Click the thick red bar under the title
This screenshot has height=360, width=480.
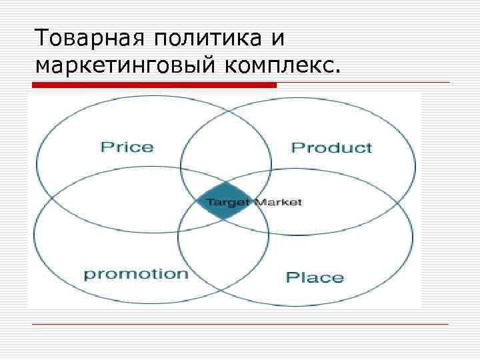154,85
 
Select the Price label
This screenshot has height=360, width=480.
127,147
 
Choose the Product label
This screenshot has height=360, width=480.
331,147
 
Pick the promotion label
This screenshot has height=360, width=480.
136,274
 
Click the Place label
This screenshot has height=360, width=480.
315,277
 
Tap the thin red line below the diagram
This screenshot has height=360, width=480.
240,324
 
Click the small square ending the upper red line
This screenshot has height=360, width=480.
453,82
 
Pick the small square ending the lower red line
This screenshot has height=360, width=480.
453,324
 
